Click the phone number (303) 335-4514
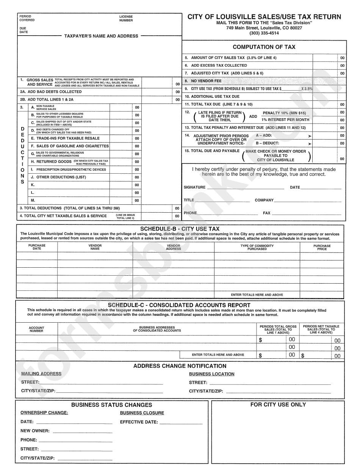pos(264,33)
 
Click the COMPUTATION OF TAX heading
pos(264,47)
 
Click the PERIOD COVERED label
pos(27,18)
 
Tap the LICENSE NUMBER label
pos(126,18)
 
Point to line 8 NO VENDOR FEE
pos(206,81)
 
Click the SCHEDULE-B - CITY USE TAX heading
pos(180,229)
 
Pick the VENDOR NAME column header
pos(95,247)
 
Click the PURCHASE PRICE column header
pos(322,247)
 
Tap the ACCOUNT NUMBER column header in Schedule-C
pos(36,329)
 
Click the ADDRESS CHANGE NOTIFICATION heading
pos(180,366)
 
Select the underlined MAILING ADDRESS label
pos(41,374)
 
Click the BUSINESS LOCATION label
pos(211,374)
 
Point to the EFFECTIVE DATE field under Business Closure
pos(180,422)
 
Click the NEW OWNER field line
pos(82,431)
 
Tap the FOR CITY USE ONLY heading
pos(278,405)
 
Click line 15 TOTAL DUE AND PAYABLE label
pos(212,151)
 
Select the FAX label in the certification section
pos(267,213)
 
